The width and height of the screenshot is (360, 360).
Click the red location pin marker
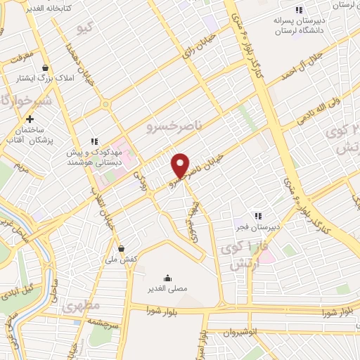tap(181, 166)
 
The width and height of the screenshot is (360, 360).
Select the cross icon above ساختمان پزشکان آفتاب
tap(29, 119)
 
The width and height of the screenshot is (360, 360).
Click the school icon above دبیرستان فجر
tap(258, 215)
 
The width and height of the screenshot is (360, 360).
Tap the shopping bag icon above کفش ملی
tap(122, 248)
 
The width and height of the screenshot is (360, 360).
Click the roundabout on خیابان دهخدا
tap(105, 104)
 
